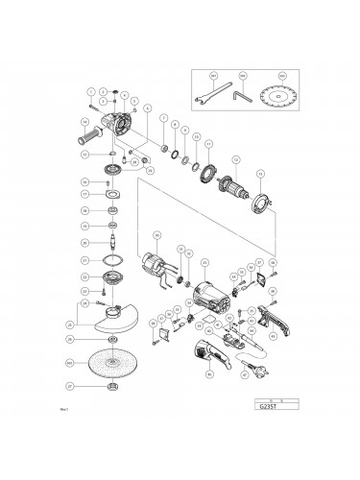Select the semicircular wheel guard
111,319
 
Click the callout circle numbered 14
84,122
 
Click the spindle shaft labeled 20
113,241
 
